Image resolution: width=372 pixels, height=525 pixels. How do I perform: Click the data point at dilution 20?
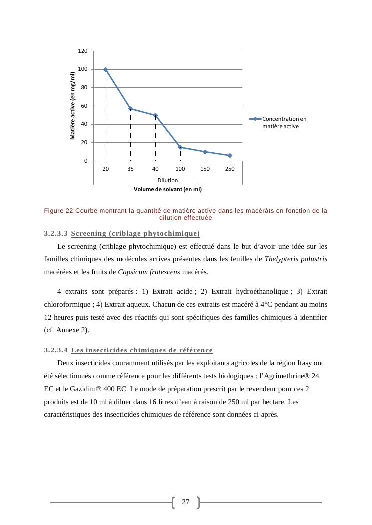pyautogui.click(x=106, y=69)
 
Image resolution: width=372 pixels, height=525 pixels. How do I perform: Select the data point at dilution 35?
pyautogui.click(x=131, y=109)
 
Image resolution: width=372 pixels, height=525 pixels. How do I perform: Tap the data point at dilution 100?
pyautogui.click(x=180, y=147)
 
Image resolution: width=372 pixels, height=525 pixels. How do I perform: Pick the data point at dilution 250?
pyautogui.click(x=230, y=156)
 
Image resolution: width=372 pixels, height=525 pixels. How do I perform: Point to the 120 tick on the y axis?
pyautogui.click(x=83, y=51)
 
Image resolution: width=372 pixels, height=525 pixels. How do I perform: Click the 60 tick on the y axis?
pyautogui.click(x=84, y=106)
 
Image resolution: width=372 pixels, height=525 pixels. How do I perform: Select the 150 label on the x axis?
pyautogui.click(x=205, y=169)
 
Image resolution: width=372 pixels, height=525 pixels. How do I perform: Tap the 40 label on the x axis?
pyautogui.click(x=155, y=169)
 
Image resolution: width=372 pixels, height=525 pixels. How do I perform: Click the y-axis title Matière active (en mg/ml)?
pyautogui.click(x=73, y=106)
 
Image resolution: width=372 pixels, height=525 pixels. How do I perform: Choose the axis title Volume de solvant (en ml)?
pyautogui.click(x=168, y=189)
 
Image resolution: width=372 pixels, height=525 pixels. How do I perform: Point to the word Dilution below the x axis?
pyautogui.click(x=168, y=180)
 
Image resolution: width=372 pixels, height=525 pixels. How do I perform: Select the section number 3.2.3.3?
pyautogui.click(x=56, y=233)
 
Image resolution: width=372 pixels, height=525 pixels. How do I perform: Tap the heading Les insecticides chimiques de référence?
pyautogui.click(x=142, y=350)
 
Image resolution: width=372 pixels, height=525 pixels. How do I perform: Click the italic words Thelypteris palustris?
pyautogui.click(x=296, y=259)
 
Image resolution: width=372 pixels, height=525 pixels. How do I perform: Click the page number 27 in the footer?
pyautogui.click(x=186, y=502)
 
